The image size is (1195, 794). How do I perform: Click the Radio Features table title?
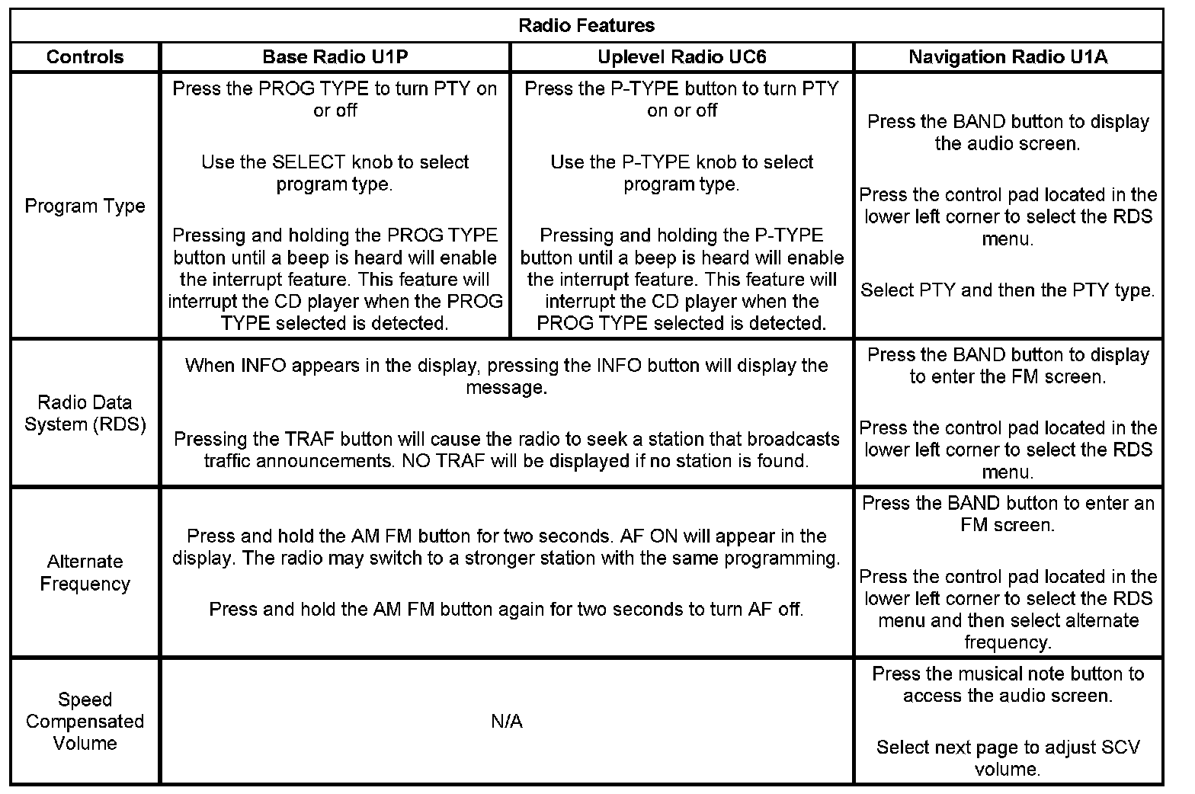(586, 25)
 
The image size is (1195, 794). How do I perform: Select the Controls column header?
(85, 57)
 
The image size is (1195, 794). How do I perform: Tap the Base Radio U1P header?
(335, 57)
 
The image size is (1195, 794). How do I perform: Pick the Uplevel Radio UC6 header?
(681, 57)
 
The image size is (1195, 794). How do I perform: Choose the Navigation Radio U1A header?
(1008, 57)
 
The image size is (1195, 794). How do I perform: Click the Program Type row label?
(85, 206)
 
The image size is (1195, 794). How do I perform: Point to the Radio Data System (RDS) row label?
(85, 413)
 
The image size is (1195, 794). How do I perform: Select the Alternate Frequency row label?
(85, 572)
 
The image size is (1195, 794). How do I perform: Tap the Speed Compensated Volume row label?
(85, 721)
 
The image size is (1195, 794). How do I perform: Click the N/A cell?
(507, 721)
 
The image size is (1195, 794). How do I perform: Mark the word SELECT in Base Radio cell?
(303, 162)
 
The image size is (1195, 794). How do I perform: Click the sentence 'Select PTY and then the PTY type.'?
(1008, 290)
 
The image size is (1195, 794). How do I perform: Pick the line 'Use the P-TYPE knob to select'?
(681, 162)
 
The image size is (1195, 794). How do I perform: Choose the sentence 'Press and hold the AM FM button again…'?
(506, 609)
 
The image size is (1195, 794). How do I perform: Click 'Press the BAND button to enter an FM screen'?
(1008, 514)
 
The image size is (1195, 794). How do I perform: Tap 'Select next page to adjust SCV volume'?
(1008, 757)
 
